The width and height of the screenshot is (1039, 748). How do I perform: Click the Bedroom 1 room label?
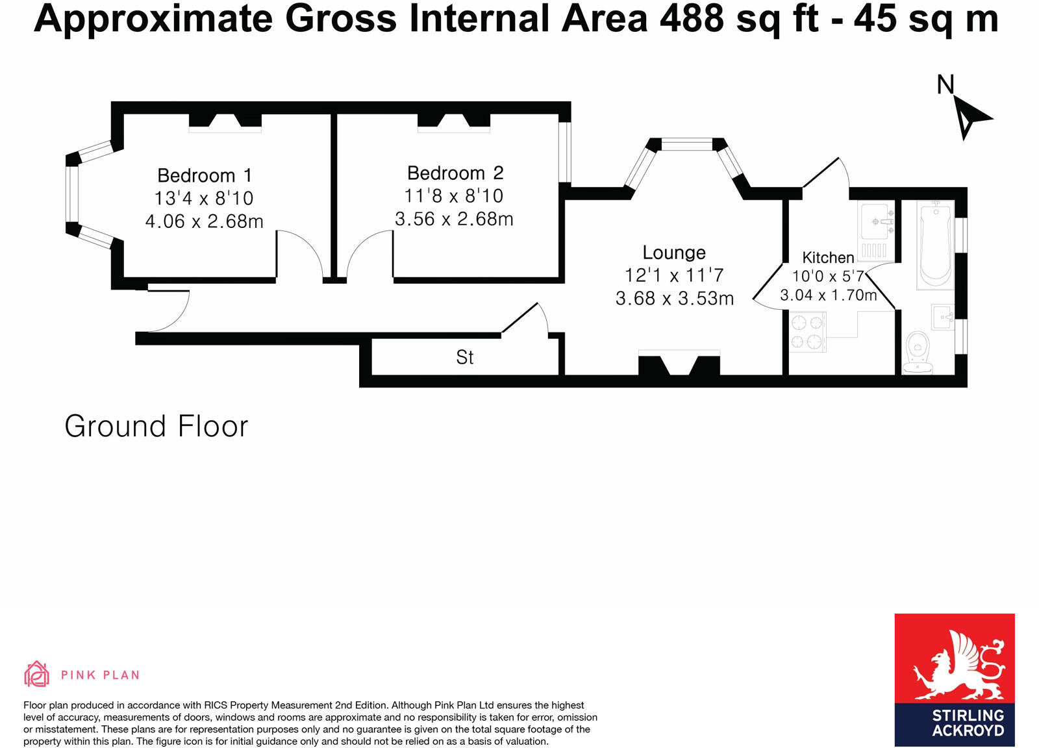204,175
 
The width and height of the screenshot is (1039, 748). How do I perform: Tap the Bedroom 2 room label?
455,173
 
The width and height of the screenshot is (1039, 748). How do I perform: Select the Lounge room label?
674,253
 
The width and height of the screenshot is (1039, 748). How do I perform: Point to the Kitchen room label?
828,257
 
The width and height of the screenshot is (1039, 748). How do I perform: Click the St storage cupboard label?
465,357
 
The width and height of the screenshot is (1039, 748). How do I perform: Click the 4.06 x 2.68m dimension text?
204,221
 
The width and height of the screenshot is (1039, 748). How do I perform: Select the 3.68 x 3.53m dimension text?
674,299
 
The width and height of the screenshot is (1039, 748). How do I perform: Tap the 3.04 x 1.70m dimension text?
828,295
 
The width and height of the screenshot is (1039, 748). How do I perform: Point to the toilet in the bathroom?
918,351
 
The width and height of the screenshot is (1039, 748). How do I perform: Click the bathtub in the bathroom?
935,245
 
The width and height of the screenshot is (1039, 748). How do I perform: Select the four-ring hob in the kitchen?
807,332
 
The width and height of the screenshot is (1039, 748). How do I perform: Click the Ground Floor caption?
156,427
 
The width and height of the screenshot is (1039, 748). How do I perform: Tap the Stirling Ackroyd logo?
954,679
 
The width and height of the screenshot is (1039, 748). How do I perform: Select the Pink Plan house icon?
36,674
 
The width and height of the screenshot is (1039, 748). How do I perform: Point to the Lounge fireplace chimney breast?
679,364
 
